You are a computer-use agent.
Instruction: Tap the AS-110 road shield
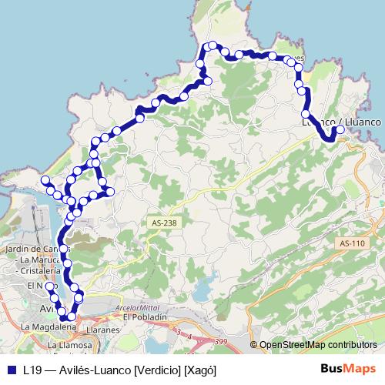point(351,243)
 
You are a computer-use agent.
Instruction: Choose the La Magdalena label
point(49,326)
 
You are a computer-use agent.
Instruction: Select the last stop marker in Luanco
point(339,132)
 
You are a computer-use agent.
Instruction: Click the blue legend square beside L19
point(12,370)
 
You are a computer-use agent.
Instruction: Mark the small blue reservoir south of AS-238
point(201,292)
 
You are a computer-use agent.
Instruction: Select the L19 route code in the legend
point(32,370)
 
